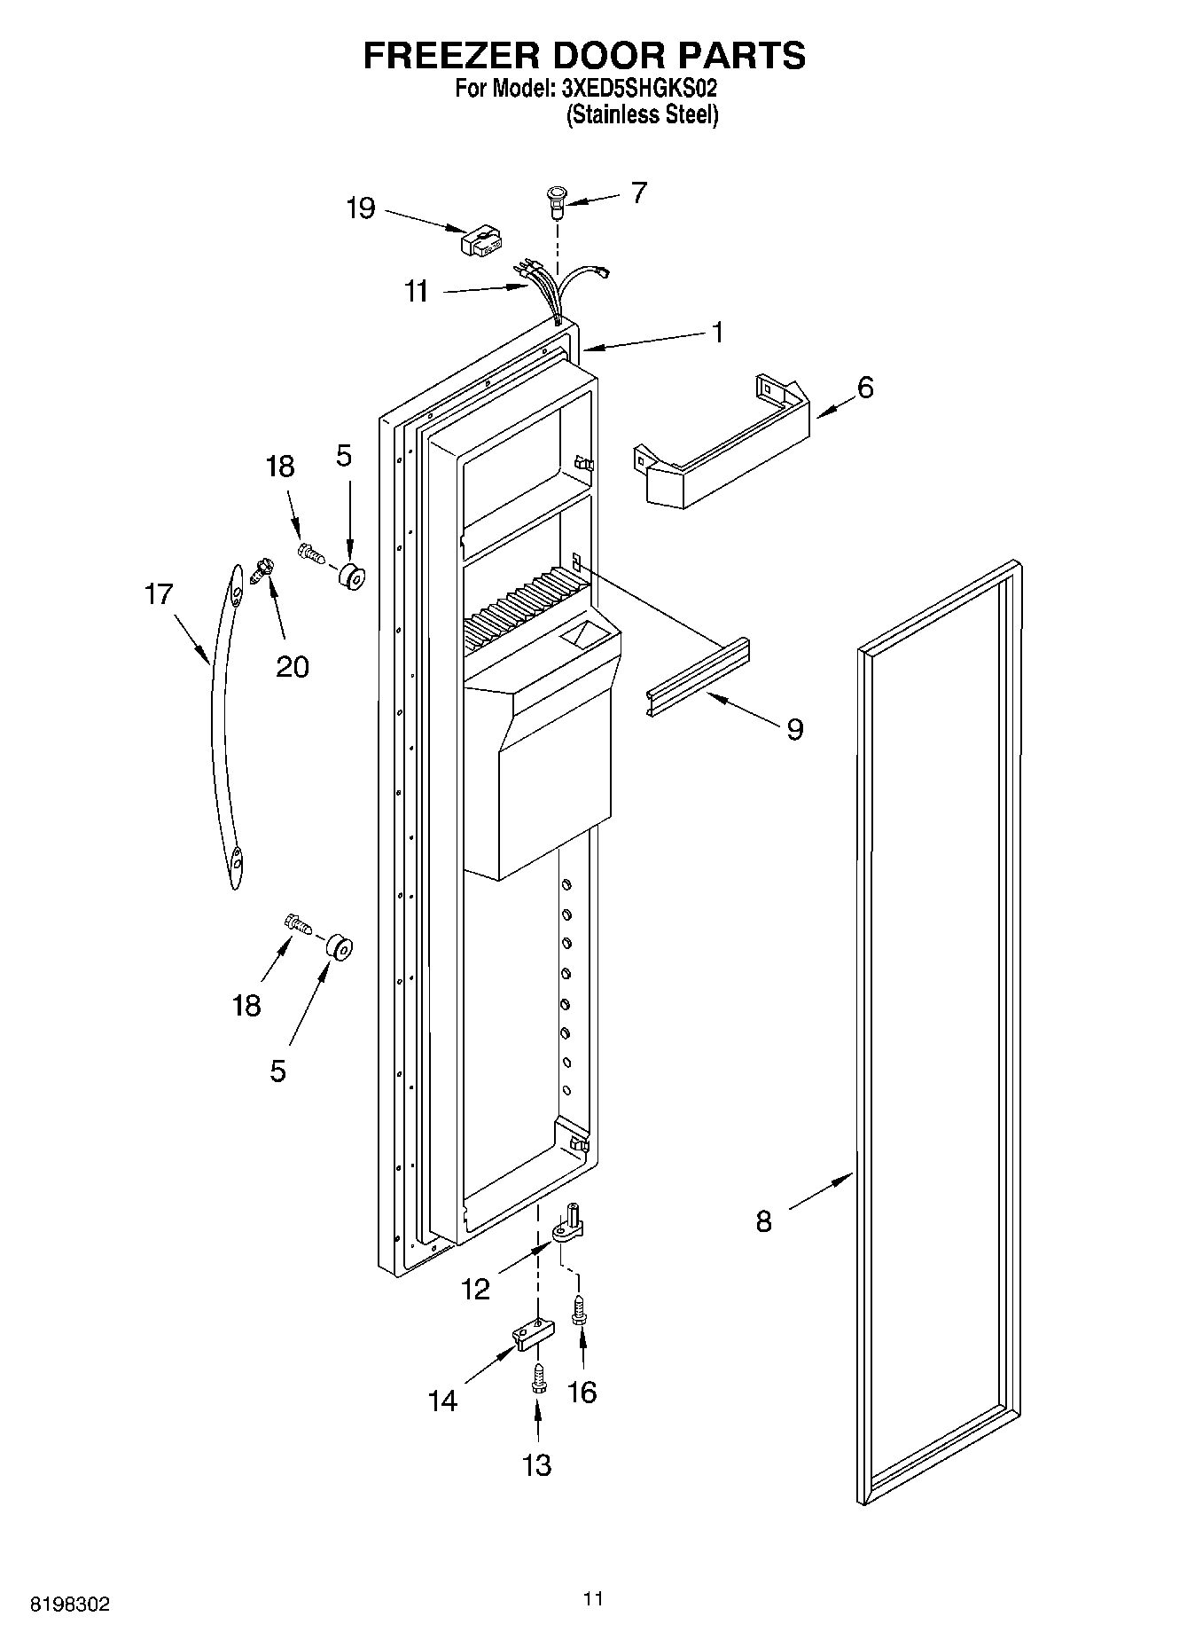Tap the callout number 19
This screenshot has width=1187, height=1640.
[x=361, y=209]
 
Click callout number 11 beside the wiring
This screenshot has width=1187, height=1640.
[x=416, y=291]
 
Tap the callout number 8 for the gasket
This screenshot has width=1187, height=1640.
[x=763, y=1221]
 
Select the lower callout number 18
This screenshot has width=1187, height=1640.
[x=246, y=1005]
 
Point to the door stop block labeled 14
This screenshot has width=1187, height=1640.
[x=533, y=1334]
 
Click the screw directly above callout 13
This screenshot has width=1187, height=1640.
[x=538, y=1379]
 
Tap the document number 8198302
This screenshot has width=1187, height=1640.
[x=71, y=1604]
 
